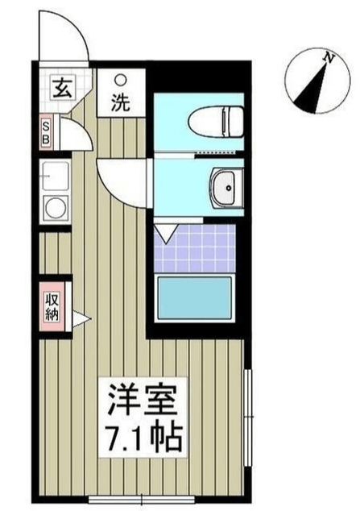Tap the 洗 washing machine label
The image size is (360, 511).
pos(121,102)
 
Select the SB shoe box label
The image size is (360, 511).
pos(46,132)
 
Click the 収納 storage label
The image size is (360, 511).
pos(52,306)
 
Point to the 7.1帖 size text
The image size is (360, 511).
pos(144,436)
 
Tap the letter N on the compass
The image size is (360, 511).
pos(329,58)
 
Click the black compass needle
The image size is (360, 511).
pos(310,89)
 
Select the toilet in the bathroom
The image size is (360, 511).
pos(216,122)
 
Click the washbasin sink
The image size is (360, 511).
pos(226,187)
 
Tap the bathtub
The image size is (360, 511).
pos(195,298)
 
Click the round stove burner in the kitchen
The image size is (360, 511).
pos(55,208)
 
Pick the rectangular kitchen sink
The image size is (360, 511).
pos(55,177)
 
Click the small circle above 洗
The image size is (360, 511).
pos(121,80)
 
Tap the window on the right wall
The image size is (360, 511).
pos(249,418)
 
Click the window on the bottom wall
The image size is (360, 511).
pos(142,499)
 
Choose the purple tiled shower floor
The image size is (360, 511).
pos(195,248)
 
